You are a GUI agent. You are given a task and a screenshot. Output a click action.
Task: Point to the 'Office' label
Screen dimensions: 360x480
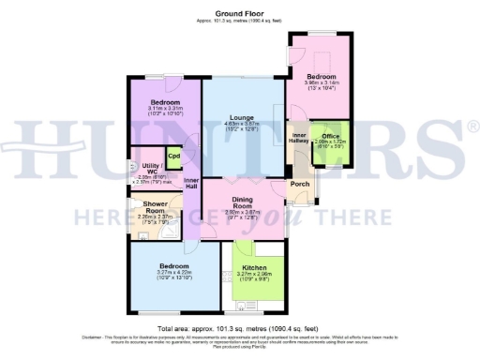(331, 134)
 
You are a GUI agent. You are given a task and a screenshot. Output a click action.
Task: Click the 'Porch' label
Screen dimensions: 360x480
(301, 184)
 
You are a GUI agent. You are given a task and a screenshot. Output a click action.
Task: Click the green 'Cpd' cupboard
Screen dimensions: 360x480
(173, 157)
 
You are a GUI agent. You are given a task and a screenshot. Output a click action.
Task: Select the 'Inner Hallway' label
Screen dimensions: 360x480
(300, 140)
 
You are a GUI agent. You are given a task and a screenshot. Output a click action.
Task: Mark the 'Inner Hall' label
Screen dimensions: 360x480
(191, 183)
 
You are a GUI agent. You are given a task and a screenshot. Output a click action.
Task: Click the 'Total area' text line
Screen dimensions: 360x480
(239, 329)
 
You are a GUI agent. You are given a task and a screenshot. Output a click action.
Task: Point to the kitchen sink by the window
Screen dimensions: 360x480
(250, 305)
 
